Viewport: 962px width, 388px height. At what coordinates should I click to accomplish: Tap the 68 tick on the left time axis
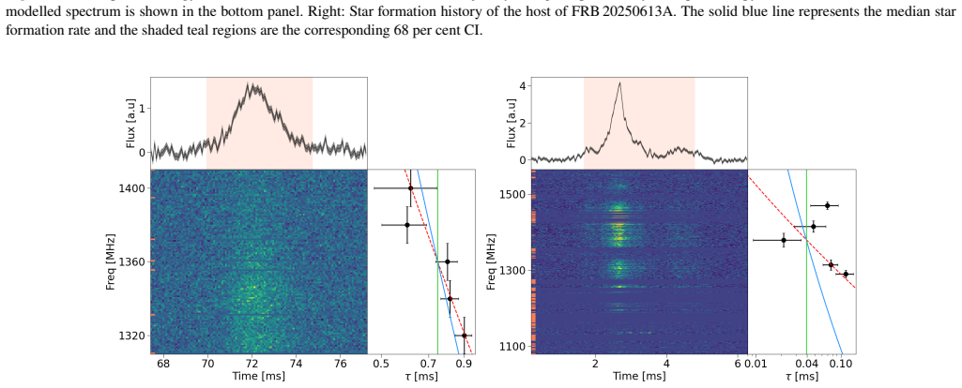tap(164, 364)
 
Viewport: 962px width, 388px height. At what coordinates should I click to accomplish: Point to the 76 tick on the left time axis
tap(341, 364)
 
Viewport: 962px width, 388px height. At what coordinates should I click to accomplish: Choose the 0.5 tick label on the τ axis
tap(381, 364)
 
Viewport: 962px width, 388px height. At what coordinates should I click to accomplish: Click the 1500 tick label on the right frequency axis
tap(514, 195)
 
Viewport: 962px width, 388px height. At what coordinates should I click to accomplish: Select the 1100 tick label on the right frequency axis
tap(514, 347)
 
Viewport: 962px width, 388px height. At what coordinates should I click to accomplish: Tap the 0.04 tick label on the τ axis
tap(806, 364)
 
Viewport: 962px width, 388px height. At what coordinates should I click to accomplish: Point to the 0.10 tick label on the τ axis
tap(842, 364)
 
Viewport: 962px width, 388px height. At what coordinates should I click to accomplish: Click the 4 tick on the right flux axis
tap(522, 86)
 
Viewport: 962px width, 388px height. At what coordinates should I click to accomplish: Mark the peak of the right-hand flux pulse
tap(620, 82)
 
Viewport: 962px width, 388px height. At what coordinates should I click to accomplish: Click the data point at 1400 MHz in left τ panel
tap(410, 188)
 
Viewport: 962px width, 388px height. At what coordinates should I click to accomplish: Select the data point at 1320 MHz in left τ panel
tap(465, 336)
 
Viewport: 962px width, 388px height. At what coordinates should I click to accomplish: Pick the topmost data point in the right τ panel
tap(827, 205)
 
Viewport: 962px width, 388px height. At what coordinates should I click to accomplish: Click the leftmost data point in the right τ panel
tap(784, 240)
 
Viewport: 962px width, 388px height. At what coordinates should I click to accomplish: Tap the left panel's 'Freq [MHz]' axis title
tap(111, 261)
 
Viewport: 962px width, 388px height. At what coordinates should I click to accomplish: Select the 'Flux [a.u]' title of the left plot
tap(130, 123)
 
